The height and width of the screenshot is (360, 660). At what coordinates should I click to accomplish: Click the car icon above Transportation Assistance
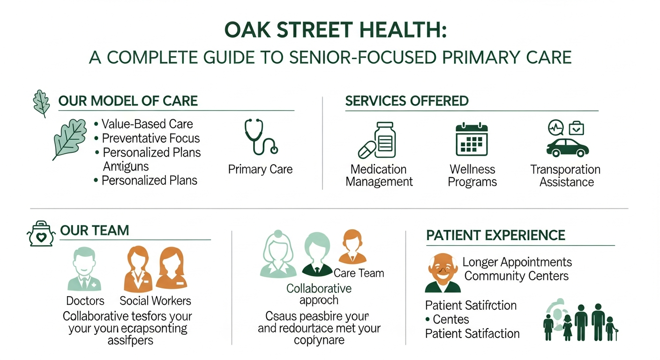(567, 146)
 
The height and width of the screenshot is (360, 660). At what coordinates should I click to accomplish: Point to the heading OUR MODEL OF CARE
(128, 101)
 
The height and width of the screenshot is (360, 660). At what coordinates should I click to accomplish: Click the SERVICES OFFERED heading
(407, 101)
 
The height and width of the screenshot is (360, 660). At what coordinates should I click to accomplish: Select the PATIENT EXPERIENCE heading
(495, 235)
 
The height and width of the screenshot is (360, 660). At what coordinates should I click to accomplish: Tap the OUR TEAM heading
(95, 231)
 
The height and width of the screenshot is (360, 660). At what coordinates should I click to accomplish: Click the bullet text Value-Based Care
(147, 124)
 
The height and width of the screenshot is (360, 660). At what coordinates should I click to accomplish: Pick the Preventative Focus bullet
(150, 138)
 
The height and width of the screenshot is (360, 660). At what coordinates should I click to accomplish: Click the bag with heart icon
(42, 234)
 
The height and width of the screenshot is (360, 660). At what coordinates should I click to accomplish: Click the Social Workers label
(155, 300)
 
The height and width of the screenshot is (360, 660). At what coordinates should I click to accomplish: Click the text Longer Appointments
(517, 262)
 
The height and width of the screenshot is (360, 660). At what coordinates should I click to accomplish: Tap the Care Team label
(359, 273)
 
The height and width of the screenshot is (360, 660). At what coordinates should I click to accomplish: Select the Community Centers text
(516, 276)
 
